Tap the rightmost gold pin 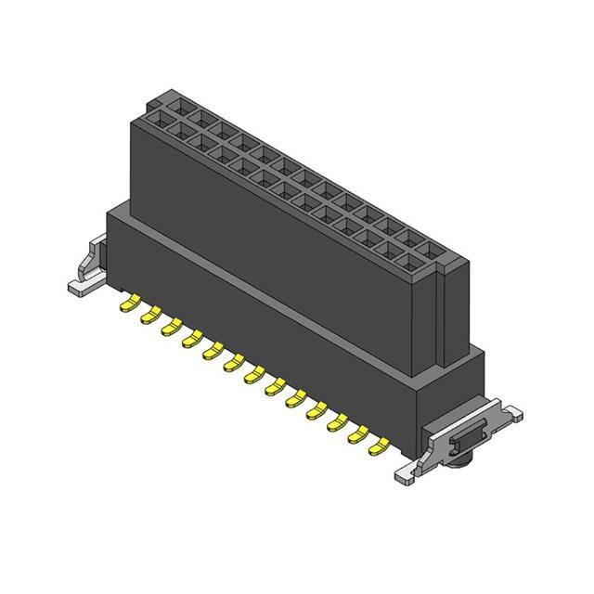378,448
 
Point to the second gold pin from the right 356,436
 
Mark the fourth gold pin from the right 316,411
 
